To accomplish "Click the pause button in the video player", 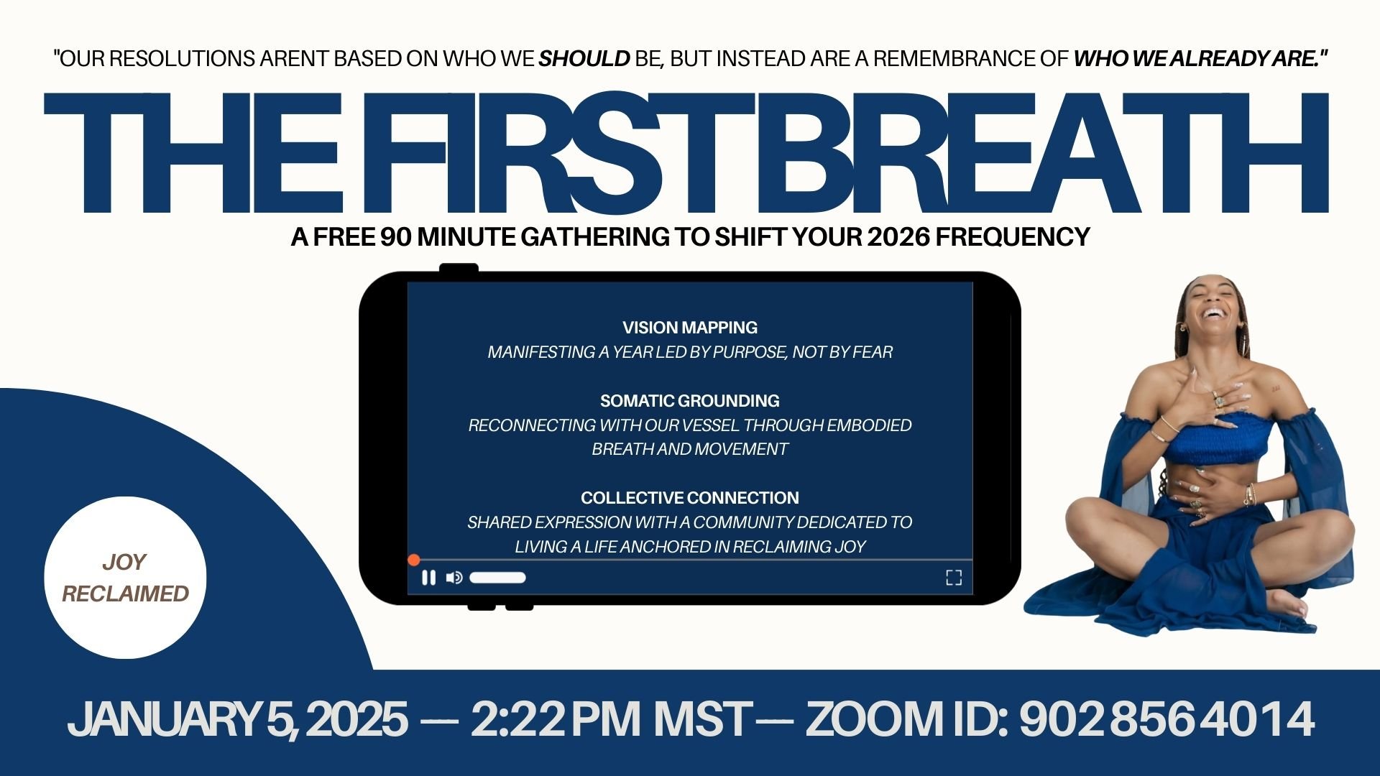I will coord(428,578).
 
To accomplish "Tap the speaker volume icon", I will coord(454,578).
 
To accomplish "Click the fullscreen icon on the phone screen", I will coord(953,578).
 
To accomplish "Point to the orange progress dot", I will coord(413,560).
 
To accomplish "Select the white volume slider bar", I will coord(497,578).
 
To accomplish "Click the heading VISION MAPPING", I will coord(690,328).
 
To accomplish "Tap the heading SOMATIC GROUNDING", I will coord(690,401).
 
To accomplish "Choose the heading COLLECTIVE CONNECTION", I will coord(690,498).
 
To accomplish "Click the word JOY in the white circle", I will coord(124,562).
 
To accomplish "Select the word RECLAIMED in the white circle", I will coord(125,593).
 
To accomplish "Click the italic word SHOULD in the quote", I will coord(584,59).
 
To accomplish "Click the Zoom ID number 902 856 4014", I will coord(1167,719).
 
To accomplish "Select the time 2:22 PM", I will coord(555,719).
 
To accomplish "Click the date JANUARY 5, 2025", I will coord(237,719).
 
